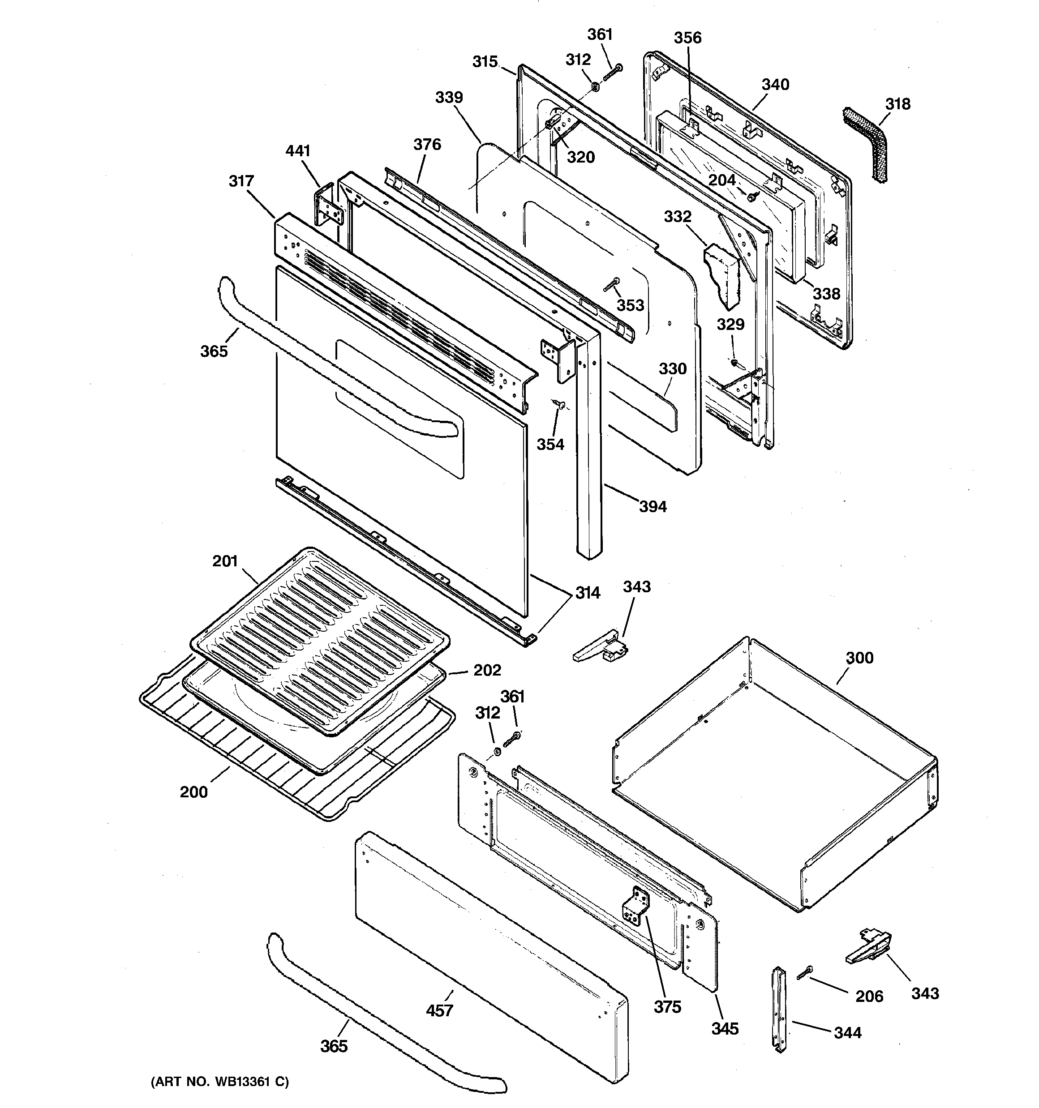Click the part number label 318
[x=897, y=104]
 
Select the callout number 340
[x=775, y=85]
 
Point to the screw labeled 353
[x=612, y=285]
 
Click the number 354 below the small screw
[x=550, y=444]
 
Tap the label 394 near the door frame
[x=653, y=507]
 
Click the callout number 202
[x=487, y=670]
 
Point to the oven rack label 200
[x=193, y=792]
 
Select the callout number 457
[x=439, y=1010]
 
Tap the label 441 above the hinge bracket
[x=298, y=151]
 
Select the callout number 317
[x=241, y=181]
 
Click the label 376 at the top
[x=427, y=145]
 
